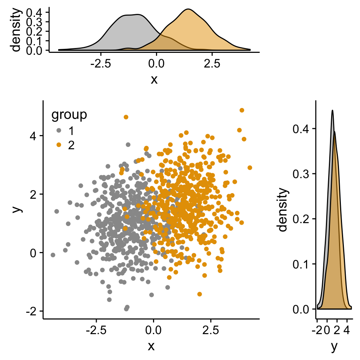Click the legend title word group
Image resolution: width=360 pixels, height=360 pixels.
click(x=69, y=115)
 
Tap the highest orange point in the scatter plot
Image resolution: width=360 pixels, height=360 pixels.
click(x=242, y=110)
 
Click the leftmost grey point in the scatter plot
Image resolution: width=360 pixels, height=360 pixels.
click(x=53, y=255)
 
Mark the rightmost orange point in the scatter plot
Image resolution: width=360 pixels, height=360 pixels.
click(x=250, y=168)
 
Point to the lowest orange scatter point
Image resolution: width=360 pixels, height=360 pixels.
click(x=199, y=294)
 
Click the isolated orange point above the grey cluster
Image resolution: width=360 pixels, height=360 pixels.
click(x=126, y=117)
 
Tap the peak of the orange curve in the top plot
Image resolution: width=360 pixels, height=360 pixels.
click(x=188, y=10)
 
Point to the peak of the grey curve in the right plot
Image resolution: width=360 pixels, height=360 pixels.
click(x=332, y=110)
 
